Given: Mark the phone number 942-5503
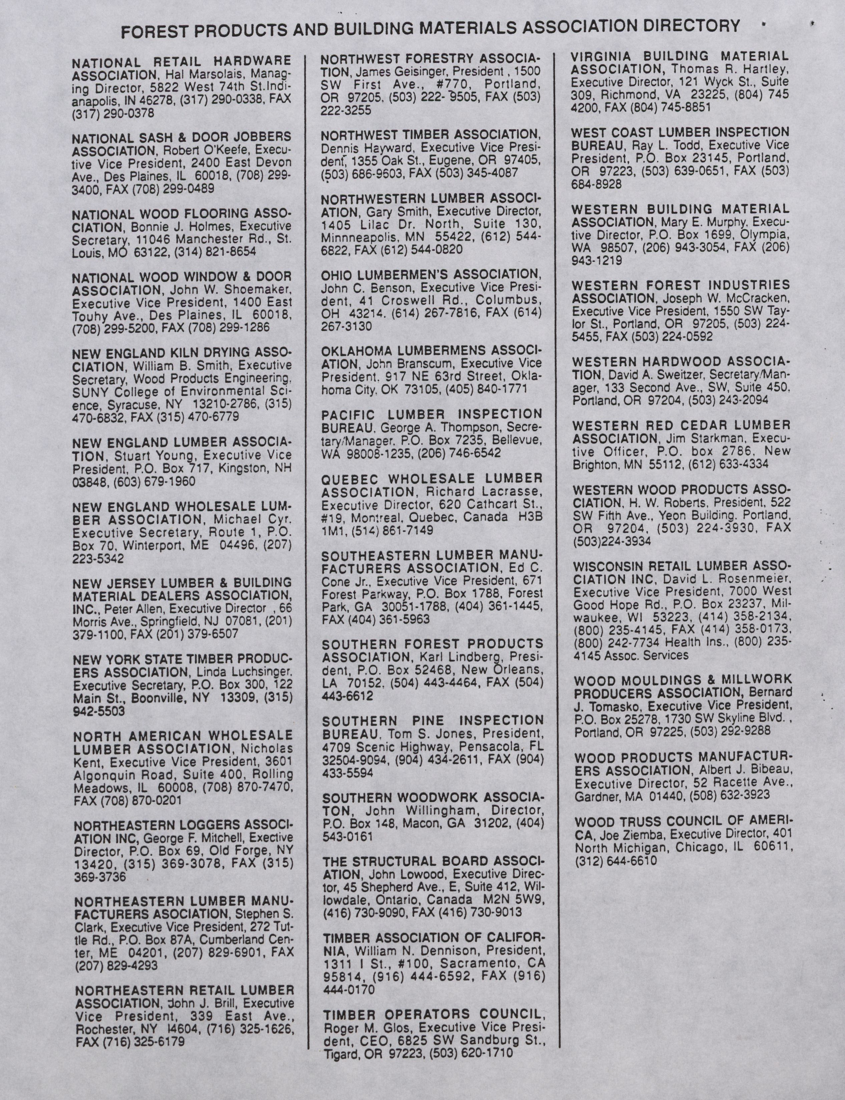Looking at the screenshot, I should (99, 711).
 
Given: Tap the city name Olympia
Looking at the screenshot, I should (768, 235).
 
